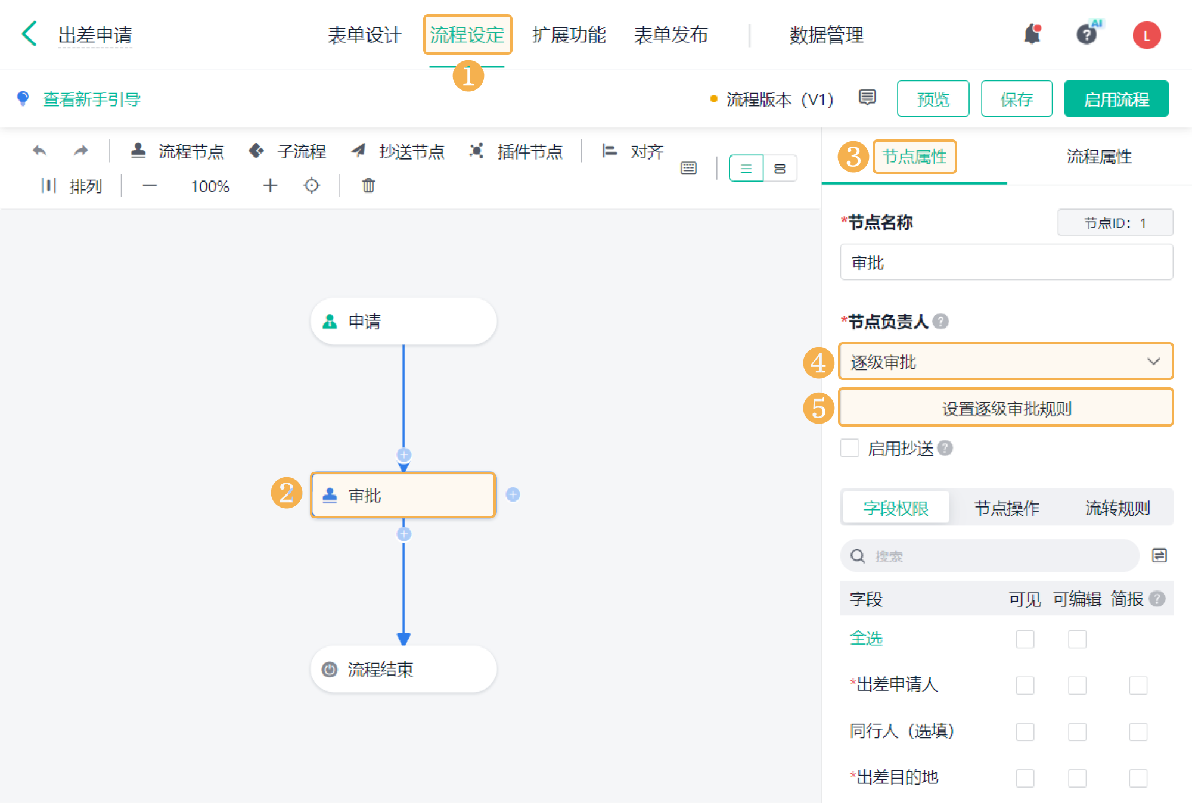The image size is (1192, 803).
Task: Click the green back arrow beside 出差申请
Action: click(29, 34)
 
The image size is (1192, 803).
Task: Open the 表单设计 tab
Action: click(364, 35)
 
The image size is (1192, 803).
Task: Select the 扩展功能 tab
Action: click(569, 35)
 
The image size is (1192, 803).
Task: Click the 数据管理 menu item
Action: click(826, 35)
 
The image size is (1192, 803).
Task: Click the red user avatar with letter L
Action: click(1146, 35)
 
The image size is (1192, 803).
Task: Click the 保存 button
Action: click(1017, 99)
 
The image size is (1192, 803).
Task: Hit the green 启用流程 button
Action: click(1116, 99)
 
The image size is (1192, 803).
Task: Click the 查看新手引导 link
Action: click(92, 99)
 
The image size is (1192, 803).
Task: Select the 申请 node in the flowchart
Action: click(403, 321)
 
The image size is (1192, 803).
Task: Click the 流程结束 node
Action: click(403, 669)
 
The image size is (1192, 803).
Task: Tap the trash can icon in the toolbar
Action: click(368, 186)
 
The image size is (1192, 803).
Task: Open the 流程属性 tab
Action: click(1099, 157)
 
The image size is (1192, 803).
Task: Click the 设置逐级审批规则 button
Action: click(1006, 408)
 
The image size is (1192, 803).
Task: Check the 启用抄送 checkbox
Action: click(849, 448)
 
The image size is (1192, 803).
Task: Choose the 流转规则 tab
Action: click(1117, 508)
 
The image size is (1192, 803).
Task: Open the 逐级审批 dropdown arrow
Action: click(1153, 362)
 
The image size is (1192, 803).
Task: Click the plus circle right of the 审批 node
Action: click(513, 494)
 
